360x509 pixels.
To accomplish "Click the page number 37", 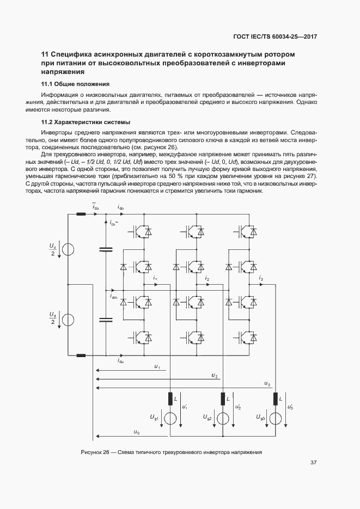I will [314, 463].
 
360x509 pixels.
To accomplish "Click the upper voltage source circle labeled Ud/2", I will [68, 250].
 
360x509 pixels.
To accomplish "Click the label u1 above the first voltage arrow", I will [157, 367].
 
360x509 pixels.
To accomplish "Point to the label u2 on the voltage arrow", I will [215, 376].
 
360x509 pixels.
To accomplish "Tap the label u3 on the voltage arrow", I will [266, 384].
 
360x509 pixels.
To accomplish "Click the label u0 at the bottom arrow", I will [136, 432].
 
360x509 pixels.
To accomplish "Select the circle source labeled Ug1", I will [170, 418].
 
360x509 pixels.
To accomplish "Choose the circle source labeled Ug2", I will [223, 418].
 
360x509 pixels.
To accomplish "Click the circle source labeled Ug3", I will [276, 418].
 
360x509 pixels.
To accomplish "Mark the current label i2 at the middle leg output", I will [207, 278].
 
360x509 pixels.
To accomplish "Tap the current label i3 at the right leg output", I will [261, 278].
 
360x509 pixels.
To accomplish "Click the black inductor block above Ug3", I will [276, 399].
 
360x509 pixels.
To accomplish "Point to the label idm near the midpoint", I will [113, 297].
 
